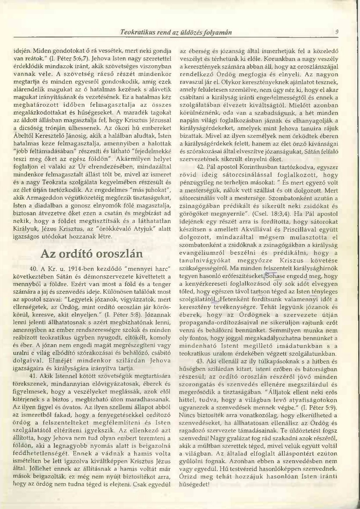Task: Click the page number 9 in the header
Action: tap(336, 32)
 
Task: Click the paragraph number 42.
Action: tap(200, 166)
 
